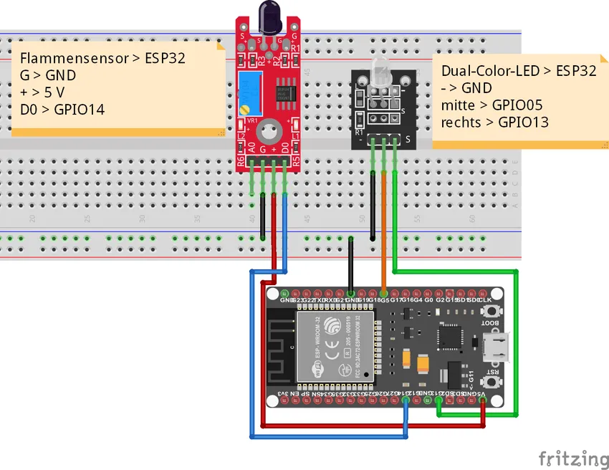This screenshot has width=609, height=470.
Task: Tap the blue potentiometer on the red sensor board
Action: [250, 90]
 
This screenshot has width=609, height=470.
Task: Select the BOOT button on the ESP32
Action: [491, 312]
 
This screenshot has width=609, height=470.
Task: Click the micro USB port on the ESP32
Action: [495, 348]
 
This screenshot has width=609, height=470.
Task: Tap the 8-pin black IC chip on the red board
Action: [284, 92]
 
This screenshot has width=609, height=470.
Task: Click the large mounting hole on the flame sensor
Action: [269, 131]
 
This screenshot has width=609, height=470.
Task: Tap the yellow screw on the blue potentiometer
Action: [245, 109]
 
